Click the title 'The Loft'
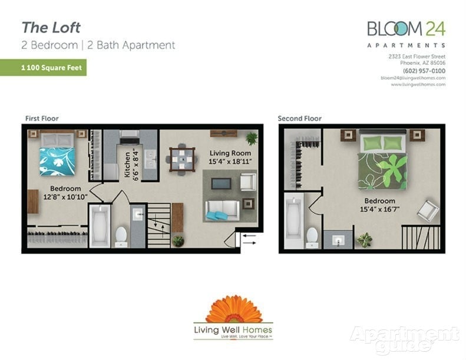click(51, 27)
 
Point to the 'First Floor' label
click(42, 118)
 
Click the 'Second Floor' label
click(299, 118)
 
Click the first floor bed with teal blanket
click(57, 154)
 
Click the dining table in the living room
click(182, 157)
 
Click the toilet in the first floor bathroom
click(121, 235)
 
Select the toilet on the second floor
click(312, 236)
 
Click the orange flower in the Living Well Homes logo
click(233, 310)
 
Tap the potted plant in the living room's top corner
click(252, 138)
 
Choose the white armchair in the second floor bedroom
click(428, 210)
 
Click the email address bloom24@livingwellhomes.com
click(412, 78)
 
